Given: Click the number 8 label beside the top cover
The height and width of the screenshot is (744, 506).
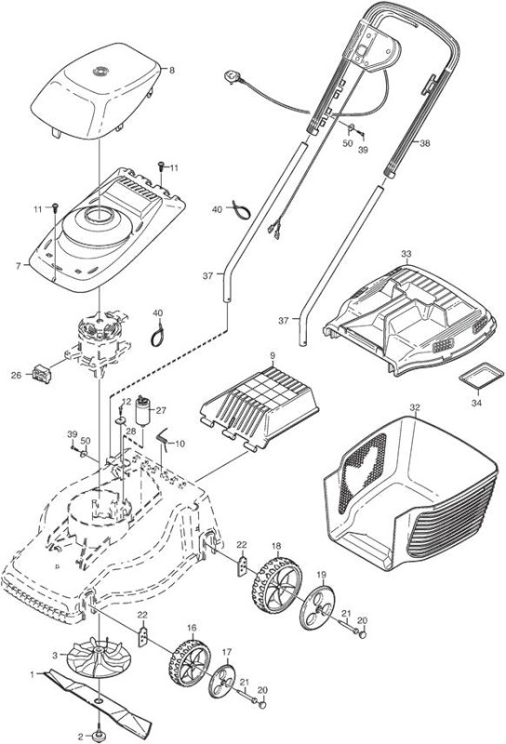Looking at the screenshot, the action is point(172,71).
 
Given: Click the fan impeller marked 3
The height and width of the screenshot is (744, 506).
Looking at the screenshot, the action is point(99,659).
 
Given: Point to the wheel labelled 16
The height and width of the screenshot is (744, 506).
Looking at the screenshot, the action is point(189,663).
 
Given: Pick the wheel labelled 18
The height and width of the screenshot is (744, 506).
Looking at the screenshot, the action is point(277,585).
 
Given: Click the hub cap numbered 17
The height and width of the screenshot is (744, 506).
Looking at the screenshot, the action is point(222,681).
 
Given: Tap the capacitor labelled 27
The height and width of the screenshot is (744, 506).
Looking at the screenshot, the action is point(143,411).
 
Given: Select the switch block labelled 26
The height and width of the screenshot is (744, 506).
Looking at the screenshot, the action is point(41,374).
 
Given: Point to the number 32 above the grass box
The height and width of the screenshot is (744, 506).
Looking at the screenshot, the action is point(415,407).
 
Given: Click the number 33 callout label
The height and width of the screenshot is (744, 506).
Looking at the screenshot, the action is point(406,254).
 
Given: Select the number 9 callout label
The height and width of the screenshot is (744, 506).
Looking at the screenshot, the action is point(273,356).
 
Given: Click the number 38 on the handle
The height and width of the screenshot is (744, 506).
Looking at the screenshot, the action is point(425,143).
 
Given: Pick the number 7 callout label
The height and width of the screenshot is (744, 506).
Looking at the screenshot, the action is point(19,266).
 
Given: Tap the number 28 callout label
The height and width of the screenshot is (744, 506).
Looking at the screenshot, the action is point(130,431).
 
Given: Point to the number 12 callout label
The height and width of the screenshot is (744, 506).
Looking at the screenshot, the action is point(126,402).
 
